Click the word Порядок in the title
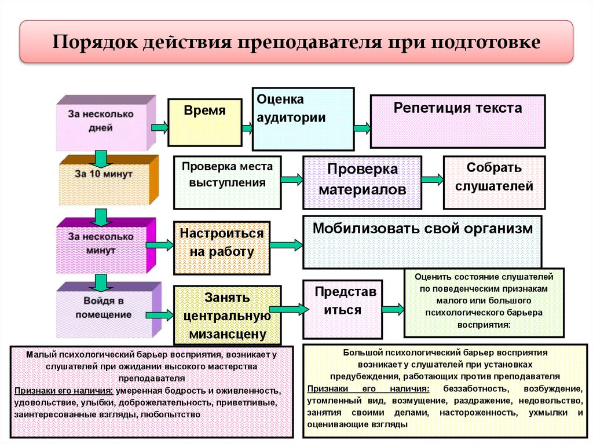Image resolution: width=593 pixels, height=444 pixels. pos(93,43)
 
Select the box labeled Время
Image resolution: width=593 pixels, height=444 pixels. pos(204,122)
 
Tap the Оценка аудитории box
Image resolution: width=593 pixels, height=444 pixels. pos(303,119)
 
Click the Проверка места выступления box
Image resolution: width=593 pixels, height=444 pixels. pos(227,182)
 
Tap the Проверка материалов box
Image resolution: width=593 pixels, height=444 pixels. pos(362,182)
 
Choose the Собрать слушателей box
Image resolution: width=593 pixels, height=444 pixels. pos(493,182)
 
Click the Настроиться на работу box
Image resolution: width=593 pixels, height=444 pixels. pos(221,247)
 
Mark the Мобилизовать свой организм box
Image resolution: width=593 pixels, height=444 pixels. pos(422,241)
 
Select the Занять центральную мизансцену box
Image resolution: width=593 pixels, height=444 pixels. pos(227,315)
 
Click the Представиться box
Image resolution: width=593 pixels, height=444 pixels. pos(342,309)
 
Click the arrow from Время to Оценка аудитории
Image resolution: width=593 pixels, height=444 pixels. pos(247,127)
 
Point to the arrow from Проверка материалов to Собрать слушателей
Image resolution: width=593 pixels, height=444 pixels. pos(431,179)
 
